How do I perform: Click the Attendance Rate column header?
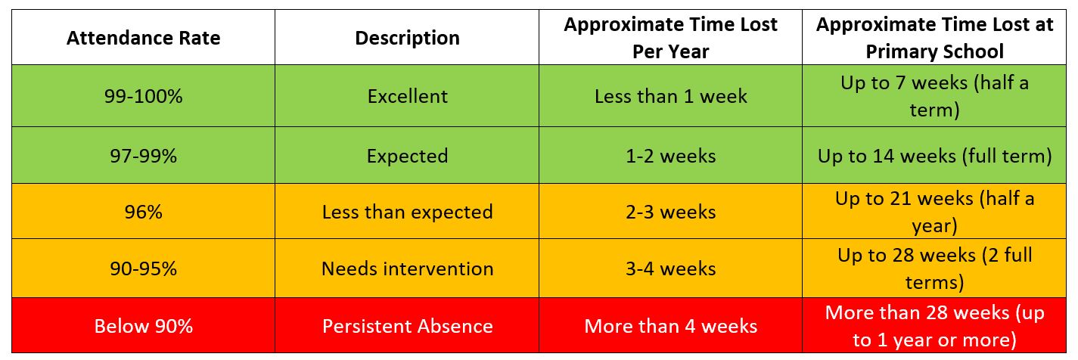(x=143, y=39)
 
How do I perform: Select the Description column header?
(x=407, y=39)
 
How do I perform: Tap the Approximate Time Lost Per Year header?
(x=670, y=37)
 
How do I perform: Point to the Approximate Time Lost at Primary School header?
(x=934, y=37)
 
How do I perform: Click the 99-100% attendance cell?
(x=143, y=96)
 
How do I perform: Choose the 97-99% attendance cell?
(x=143, y=156)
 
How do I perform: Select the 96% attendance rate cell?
(x=143, y=212)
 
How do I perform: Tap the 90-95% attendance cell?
(x=143, y=268)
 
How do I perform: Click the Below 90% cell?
(x=143, y=326)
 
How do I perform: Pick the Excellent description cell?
(x=407, y=96)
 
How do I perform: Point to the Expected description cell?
(x=407, y=156)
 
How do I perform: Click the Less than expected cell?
(x=407, y=212)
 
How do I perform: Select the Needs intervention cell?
(x=407, y=268)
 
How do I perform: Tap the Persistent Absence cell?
(x=407, y=326)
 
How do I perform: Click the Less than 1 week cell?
(x=670, y=96)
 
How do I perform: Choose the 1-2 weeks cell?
(x=670, y=156)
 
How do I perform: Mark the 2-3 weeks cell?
(x=670, y=212)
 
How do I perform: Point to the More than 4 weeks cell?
(x=670, y=326)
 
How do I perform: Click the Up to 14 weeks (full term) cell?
(x=934, y=156)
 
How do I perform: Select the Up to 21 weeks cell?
(x=934, y=212)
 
